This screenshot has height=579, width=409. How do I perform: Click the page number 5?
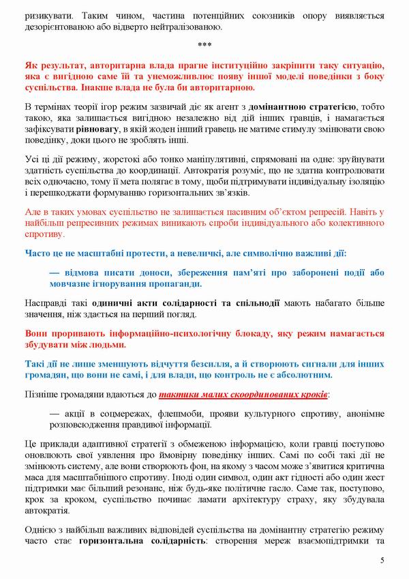382,561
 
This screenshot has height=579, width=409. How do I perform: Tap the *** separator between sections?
204,46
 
